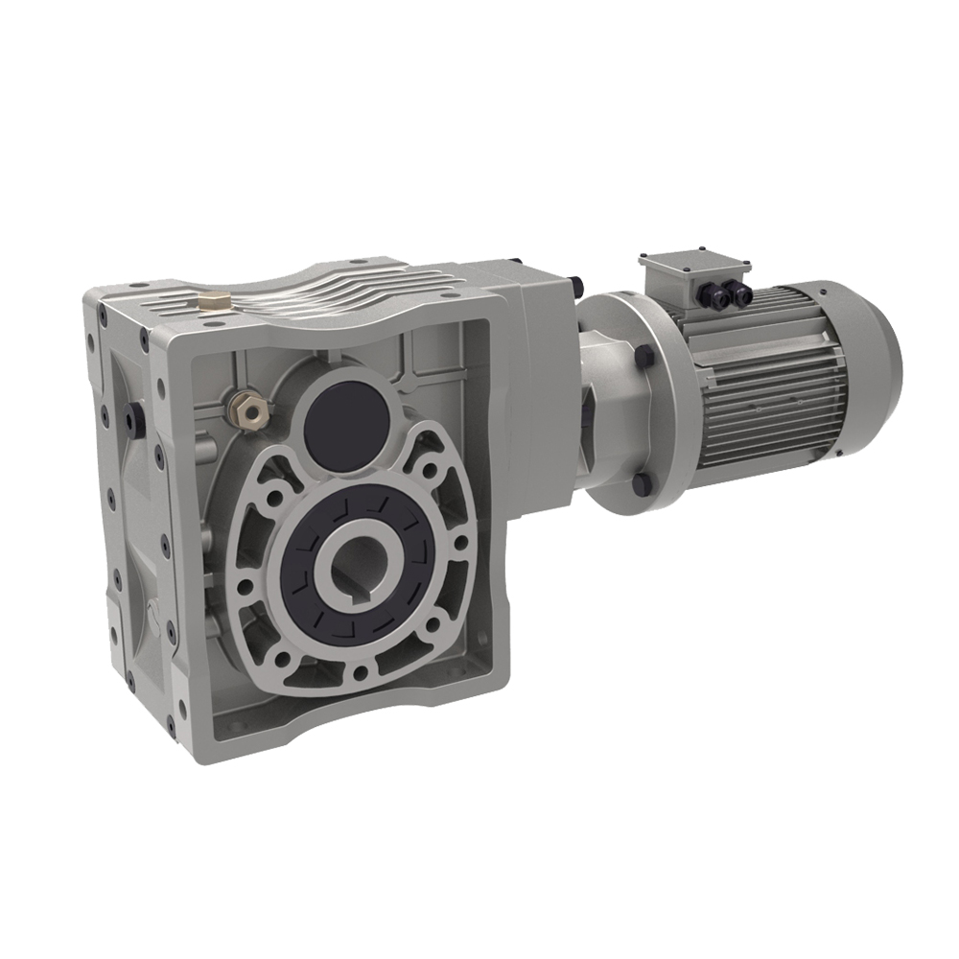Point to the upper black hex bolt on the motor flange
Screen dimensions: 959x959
[x=648, y=354]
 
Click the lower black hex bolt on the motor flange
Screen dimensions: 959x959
[x=641, y=485]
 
